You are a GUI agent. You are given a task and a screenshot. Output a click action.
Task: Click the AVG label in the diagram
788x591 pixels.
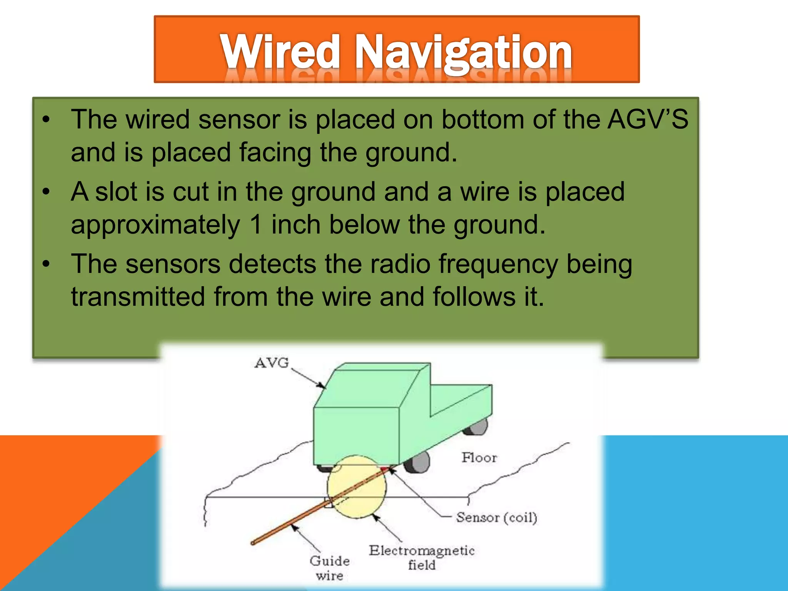click(271, 363)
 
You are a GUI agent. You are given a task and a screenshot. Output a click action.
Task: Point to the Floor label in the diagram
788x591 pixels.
click(479, 457)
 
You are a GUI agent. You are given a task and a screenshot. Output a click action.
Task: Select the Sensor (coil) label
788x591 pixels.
click(496, 518)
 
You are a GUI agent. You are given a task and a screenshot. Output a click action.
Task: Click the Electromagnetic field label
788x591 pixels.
click(422, 557)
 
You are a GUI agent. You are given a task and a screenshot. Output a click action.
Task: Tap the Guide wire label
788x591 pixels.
click(330, 568)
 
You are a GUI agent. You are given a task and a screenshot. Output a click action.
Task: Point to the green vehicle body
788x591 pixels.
click(356, 435)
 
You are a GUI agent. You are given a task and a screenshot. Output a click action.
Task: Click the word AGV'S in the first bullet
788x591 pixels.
click(648, 119)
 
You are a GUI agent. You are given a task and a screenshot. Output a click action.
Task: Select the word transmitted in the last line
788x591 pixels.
click(138, 297)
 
